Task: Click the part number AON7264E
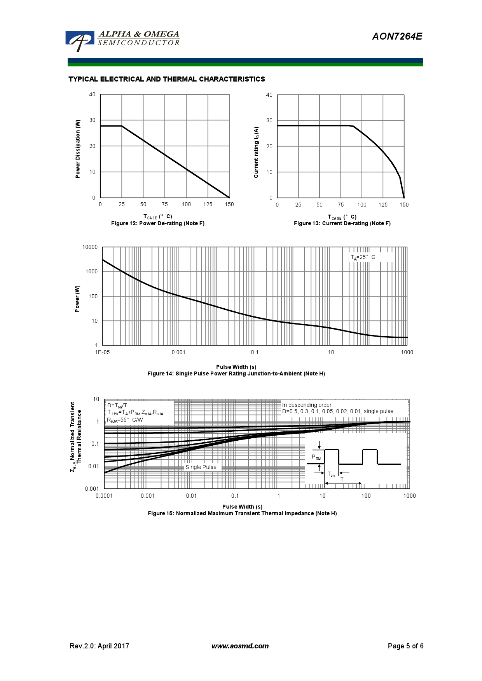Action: pyautogui.click(x=397, y=36)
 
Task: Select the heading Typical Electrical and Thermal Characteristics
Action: pyautogui.click(x=166, y=79)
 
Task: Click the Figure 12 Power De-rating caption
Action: pyautogui.click(x=158, y=224)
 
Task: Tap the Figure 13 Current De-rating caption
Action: pyautogui.click(x=342, y=224)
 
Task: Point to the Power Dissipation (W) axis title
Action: pyautogui.click(x=78, y=149)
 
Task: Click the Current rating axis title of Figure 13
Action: pyautogui.click(x=256, y=152)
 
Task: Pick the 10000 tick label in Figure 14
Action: pyautogui.click(x=90, y=247)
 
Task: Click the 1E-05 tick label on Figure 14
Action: pyautogui.click(x=103, y=353)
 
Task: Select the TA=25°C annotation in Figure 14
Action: pyautogui.click(x=363, y=257)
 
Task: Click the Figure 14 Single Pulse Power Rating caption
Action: pyautogui.click(x=236, y=374)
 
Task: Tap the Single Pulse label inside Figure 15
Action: pyautogui.click(x=201, y=467)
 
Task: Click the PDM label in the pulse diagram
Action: pyautogui.click(x=316, y=457)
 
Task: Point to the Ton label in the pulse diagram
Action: pyautogui.click(x=331, y=474)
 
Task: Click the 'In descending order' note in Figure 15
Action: pyautogui.click(x=307, y=405)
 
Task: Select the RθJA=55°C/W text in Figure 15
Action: pyautogui.click(x=125, y=420)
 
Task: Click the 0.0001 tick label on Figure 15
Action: pyautogui.click(x=104, y=496)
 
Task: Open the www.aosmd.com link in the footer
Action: pyautogui.click(x=240, y=646)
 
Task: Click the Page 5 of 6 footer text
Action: pyautogui.click(x=405, y=646)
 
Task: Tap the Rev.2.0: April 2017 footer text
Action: pyautogui.click(x=99, y=646)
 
